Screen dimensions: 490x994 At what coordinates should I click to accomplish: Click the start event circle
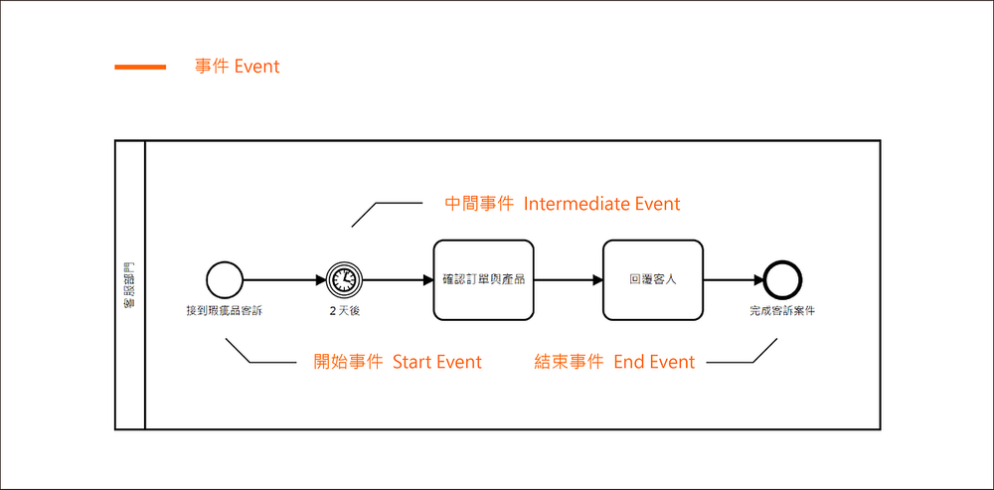(x=224, y=279)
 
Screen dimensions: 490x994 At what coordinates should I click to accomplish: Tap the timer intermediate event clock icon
(x=344, y=279)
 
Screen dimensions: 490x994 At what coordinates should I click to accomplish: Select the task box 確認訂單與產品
(x=482, y=279)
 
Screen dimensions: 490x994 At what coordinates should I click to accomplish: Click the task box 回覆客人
(x=652, y=279)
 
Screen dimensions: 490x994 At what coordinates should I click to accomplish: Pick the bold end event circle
(x=782, y=279)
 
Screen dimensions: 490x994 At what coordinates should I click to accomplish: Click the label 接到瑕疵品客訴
(x=224, y=310)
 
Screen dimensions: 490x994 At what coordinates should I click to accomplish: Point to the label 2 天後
(x=344, y=310)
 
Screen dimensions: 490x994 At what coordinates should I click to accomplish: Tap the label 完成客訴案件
(x=782, y=310)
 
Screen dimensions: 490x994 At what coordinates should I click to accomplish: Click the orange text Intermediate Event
(x=601, y=204)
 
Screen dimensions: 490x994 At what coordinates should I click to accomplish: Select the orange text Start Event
(x=436, y=362)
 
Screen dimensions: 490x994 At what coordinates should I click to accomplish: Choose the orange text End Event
(x=654, y=362)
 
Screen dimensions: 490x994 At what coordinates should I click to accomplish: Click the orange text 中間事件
(x=479, y=204)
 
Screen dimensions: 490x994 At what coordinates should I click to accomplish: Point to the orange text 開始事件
(x=348, y=362)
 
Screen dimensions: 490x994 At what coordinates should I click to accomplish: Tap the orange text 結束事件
(x=570, y=362)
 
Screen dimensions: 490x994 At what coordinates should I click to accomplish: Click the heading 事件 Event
(x=238, y=67)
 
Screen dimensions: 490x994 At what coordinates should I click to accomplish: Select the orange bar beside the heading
(x=140, y=67)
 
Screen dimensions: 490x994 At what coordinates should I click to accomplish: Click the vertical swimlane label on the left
(x=130, y=285)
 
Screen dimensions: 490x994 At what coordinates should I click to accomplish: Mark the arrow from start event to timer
(x=283, y=279)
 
